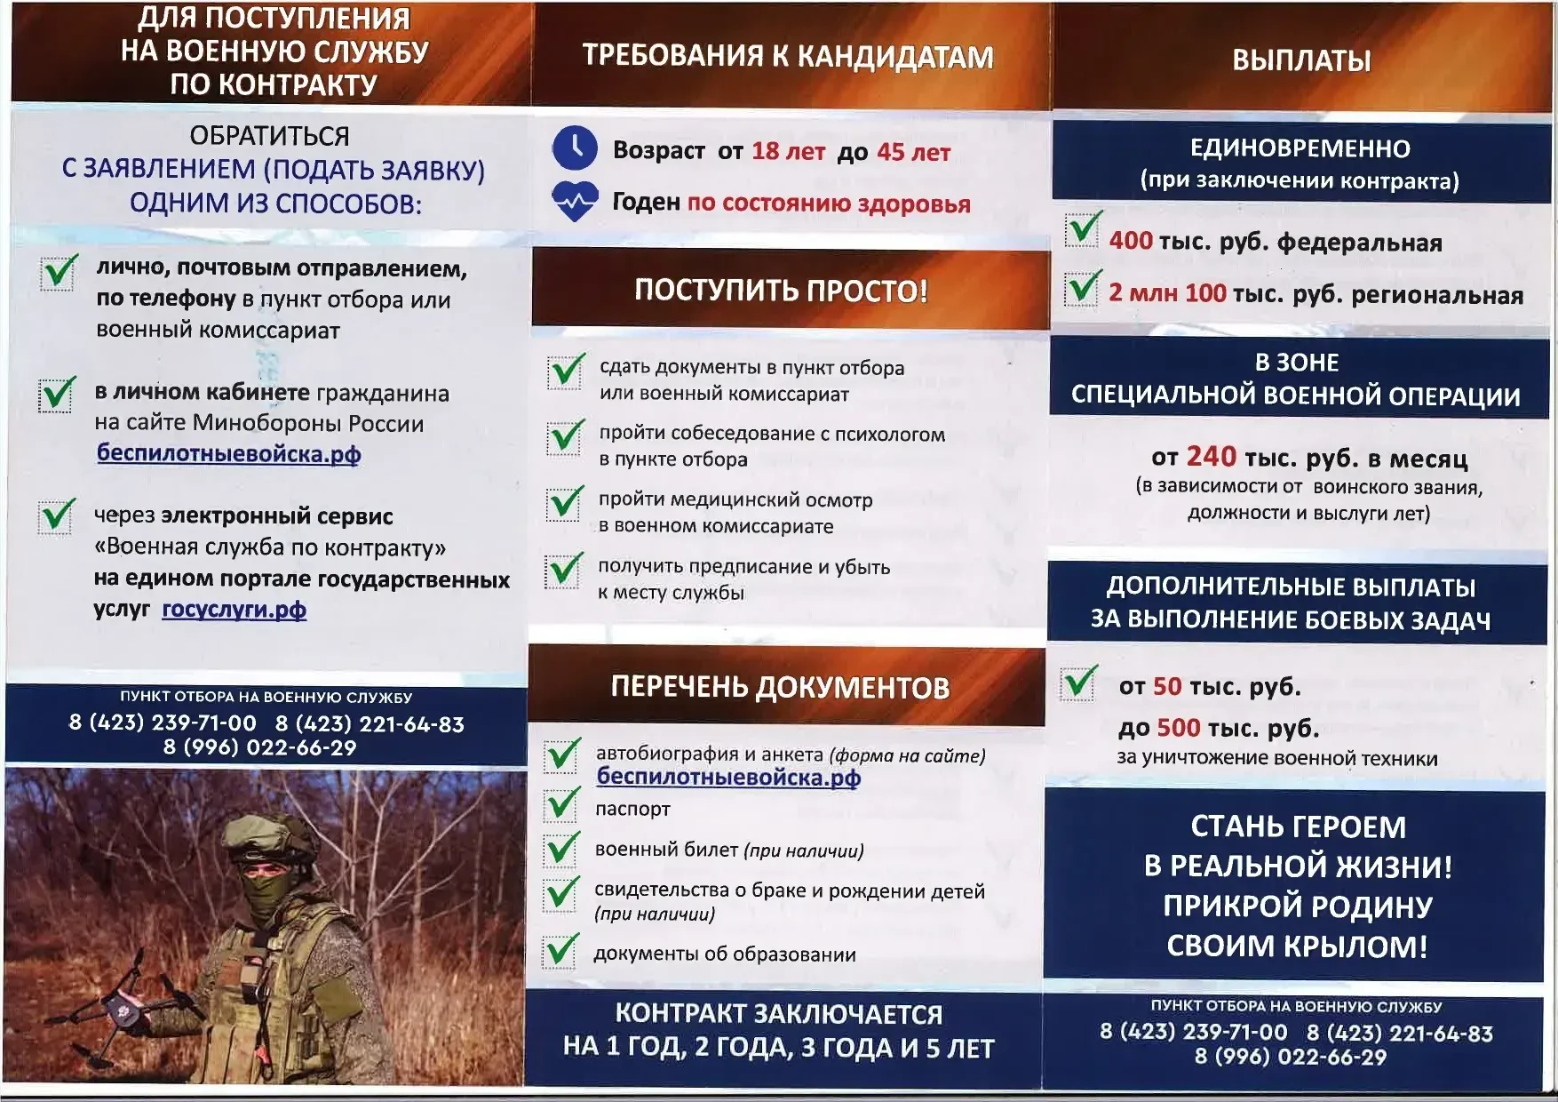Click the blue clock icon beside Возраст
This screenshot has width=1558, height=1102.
[x=575, y=148]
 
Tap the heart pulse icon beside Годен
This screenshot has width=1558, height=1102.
[x=575, y=201]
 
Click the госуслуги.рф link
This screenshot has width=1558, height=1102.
[x=234, y=610]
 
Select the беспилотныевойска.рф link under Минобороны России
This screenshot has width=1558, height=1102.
[x=228, y=453]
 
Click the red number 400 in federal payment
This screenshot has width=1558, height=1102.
[x=1131, y=240]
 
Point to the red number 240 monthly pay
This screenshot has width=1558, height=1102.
[x=1211, y=457]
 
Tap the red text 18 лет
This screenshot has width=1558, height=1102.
[x=788, y=151]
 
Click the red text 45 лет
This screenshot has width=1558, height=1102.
[x=913, y=152]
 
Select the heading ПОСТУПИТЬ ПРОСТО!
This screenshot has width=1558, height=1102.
[x=781, y=291]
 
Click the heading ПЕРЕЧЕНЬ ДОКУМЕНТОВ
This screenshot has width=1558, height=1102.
[x=780, y=687]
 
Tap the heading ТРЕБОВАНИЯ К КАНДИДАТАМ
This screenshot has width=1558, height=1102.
[x=788, y=56]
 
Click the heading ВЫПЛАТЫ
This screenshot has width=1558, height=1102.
[x=1301, y=60]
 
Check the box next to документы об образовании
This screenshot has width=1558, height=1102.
[x=561, y=951]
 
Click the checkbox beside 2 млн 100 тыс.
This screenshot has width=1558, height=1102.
[x=1083, y=288]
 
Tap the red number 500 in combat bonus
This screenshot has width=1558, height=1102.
[x=1178, y=728]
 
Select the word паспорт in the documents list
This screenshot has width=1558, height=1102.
[x=632, y=809]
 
